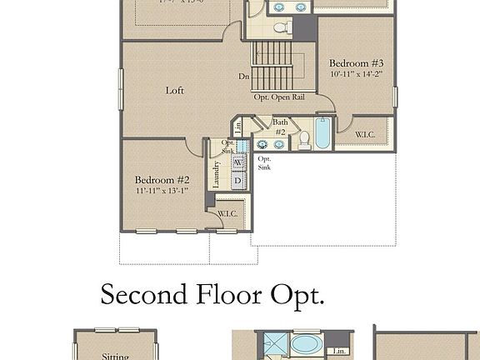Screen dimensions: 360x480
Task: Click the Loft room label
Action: [x=174, y=90]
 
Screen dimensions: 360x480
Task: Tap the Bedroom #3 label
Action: [x=356, y=63]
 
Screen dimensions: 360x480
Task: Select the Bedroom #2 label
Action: [x=162, y=179]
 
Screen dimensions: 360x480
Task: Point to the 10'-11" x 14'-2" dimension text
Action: [x=356, y=73]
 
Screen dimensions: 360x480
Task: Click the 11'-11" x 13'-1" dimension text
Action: [x=162, y=189]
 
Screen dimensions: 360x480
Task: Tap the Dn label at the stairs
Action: [x=244, y=77]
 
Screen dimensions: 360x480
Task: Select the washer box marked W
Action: [x=238, y=162]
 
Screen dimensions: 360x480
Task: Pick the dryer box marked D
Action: [x=238, y=181]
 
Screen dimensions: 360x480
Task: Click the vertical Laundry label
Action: [x=217, y=176]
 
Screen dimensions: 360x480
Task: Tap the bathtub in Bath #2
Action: [x=322, y=133]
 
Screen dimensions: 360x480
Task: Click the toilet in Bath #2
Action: [x=304, y=140]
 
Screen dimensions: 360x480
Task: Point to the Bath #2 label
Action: [x=280, y=127]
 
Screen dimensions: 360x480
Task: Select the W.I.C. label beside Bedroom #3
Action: [x=365, y=134]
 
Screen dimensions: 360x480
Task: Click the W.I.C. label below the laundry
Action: [x=227, y=214]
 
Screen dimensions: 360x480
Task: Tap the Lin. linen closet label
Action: [x=237, y=127]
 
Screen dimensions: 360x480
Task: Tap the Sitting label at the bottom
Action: [x=115, y=357]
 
